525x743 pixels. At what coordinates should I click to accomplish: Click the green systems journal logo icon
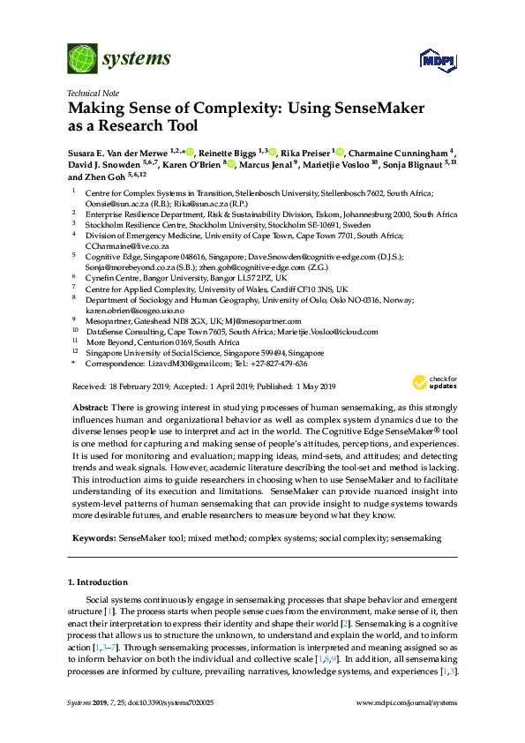point(81,58)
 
